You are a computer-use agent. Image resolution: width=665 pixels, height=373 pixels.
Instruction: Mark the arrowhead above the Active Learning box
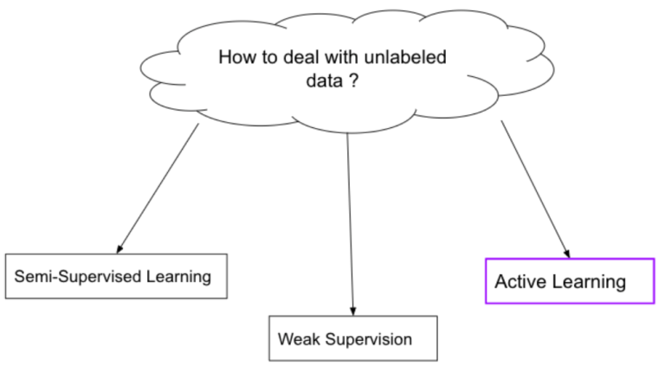[567, 251]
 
